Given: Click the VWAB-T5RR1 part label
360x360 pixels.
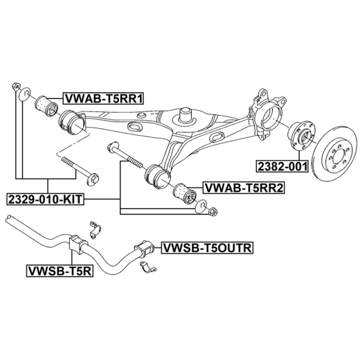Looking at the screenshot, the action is pos(103,99).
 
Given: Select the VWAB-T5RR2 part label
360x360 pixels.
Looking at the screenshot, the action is pos(244,188).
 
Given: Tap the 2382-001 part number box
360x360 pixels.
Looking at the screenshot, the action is pos(282,166).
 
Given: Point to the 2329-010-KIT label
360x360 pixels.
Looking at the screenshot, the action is pos(45,199).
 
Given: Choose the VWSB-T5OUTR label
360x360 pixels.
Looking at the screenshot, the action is pos(207,248).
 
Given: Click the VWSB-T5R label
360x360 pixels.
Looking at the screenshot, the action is pos(60,271).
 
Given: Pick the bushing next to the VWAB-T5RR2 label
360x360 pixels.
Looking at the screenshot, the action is pos(185,193).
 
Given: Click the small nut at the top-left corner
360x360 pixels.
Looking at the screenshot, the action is pos(16,86).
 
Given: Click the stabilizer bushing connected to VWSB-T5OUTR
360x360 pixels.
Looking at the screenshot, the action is pos(144,248).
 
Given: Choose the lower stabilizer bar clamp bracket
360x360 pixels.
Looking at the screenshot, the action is pos(148,267).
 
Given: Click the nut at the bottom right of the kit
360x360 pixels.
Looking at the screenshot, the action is pos(213,211).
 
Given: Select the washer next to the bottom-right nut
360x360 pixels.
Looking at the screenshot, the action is pos(201,206).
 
